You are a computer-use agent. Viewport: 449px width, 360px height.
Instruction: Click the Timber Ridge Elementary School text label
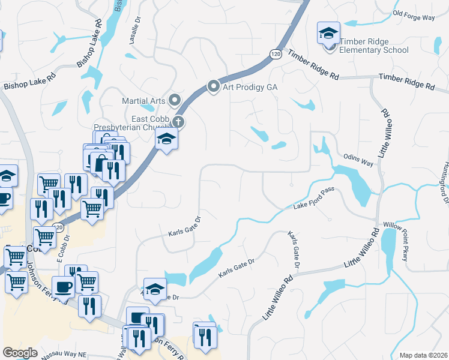[x=374, y=46]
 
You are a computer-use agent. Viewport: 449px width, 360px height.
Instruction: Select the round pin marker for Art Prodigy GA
[x=213, y=87]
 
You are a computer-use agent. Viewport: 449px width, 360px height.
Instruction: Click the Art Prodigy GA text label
[x=250, y=87]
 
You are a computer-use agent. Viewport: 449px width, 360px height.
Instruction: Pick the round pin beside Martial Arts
[x=175, y=100]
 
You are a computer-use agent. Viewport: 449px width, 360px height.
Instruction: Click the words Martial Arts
[x=144, y=100]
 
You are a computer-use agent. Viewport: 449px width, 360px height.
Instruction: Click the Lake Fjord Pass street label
[x=313, y=199]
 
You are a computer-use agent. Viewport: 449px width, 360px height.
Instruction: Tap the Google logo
[x=20, y=353]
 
